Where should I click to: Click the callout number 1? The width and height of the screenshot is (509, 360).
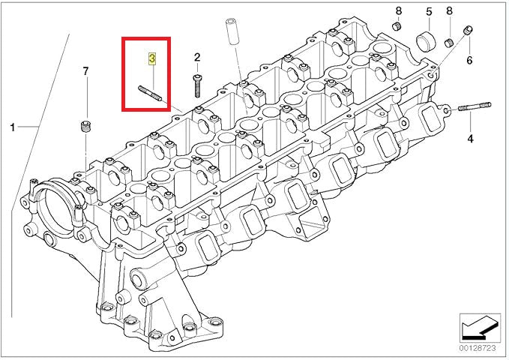12,127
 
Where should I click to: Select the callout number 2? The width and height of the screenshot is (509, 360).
197,57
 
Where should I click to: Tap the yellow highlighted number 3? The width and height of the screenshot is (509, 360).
152,58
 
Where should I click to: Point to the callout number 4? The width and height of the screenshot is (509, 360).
470,139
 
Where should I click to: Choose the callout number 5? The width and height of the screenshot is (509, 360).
430,12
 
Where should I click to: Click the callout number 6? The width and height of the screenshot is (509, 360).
469,60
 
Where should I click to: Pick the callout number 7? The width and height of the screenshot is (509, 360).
85,71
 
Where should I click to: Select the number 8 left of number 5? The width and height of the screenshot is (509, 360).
399,10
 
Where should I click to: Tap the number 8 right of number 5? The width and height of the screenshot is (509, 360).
449,12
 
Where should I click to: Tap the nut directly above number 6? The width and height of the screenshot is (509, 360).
469,31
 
